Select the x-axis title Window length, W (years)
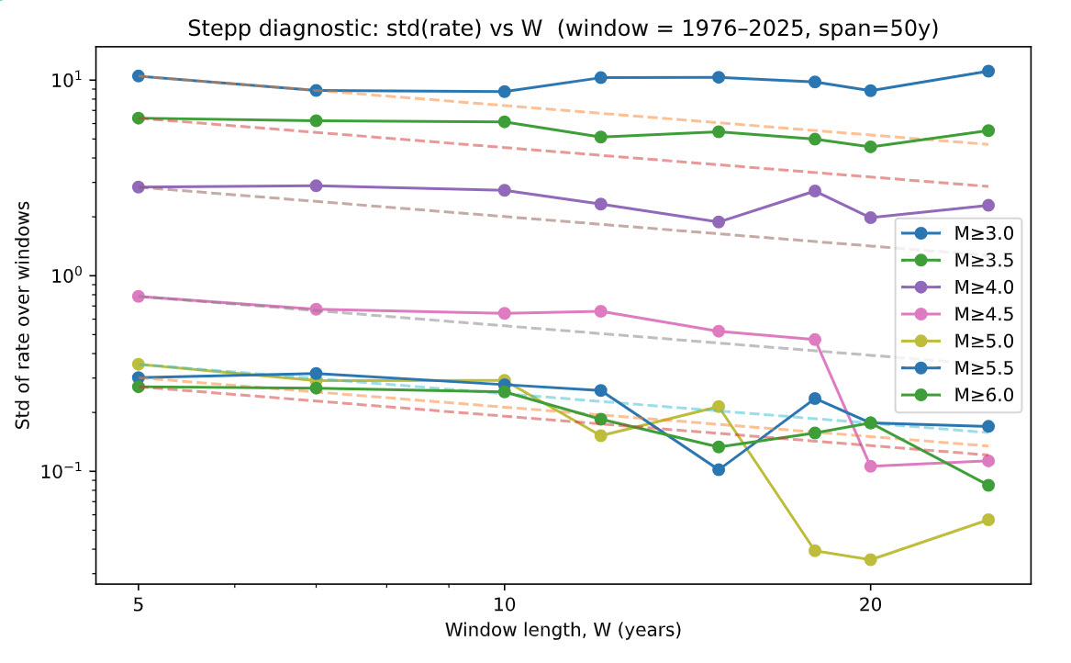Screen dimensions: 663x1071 point(563,630)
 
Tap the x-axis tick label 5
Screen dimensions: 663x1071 point(138,605)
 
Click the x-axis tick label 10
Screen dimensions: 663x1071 point(504,605)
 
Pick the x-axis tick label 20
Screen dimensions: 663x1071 point(869,605)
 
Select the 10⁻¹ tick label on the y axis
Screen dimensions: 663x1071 point(64,471)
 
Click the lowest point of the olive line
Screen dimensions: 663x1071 point(870,559)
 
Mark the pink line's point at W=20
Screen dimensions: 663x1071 point(870,466)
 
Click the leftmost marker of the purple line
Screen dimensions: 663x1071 point(139,186)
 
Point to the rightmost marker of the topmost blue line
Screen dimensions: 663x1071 point(987,71)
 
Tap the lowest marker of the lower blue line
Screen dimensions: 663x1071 point(719,469)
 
